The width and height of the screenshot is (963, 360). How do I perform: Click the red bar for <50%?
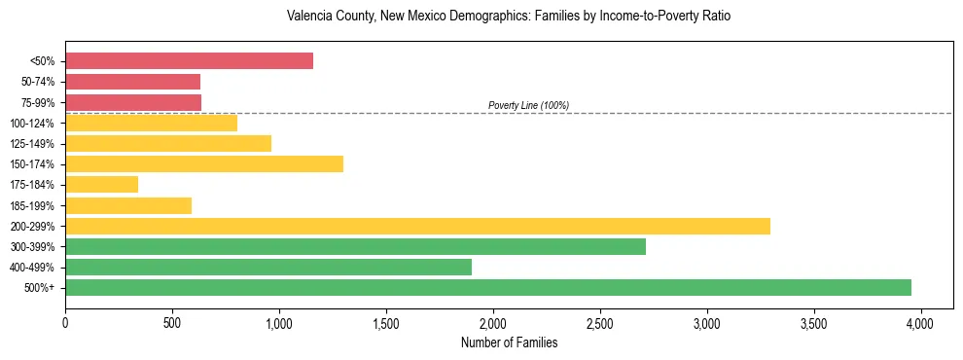pos(189,61)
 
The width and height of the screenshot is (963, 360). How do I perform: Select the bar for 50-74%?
pos(132,82)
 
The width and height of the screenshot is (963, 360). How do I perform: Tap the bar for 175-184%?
pos(101,184)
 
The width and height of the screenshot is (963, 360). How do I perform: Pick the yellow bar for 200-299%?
pos(417,226)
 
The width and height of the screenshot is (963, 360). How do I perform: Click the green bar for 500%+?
pos(487,287)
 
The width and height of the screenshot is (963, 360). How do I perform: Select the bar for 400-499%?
pos(267,267)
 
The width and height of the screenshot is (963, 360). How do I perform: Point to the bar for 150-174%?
pos(203,163)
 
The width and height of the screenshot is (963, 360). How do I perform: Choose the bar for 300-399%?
pos(355,246)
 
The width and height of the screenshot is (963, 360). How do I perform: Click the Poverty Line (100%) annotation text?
pos(528,105)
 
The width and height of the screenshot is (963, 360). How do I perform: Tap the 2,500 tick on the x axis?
pos(600,321)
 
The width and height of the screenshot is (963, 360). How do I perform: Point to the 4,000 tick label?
pos(921,321)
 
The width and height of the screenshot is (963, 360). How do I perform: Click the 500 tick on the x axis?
pos(172,321)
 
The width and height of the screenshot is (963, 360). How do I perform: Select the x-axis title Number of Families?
pos(508,342)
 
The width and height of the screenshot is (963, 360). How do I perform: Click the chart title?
pos(508,17)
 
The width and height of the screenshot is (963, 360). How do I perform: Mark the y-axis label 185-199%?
pos(32,205)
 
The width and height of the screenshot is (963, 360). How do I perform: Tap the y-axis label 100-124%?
pos(32,124)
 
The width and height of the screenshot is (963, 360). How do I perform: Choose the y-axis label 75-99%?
pos(35,102)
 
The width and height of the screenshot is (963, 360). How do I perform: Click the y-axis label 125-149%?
pos(32,144)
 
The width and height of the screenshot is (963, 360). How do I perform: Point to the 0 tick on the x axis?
pos(65,321)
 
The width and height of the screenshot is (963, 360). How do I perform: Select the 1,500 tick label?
pos(386,321)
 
